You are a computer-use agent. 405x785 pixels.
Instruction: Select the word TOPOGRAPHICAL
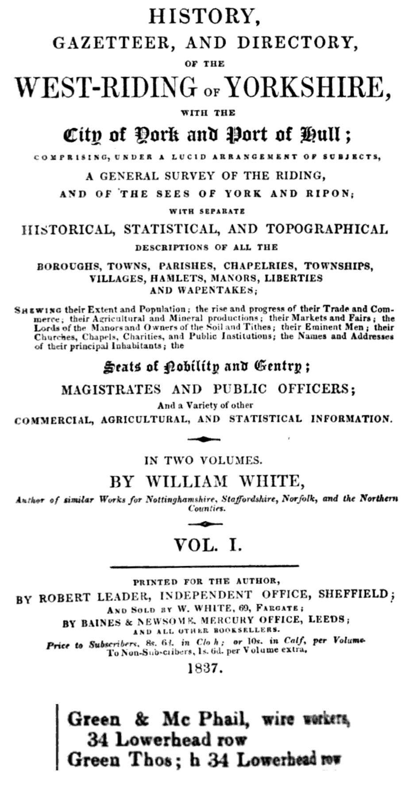tap(326, 229)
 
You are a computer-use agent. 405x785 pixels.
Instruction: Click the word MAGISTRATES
tap(111, 389)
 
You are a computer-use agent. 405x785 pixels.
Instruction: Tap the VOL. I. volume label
tap(208, 545)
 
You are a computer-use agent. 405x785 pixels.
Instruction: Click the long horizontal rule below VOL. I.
tap(204, 566)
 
